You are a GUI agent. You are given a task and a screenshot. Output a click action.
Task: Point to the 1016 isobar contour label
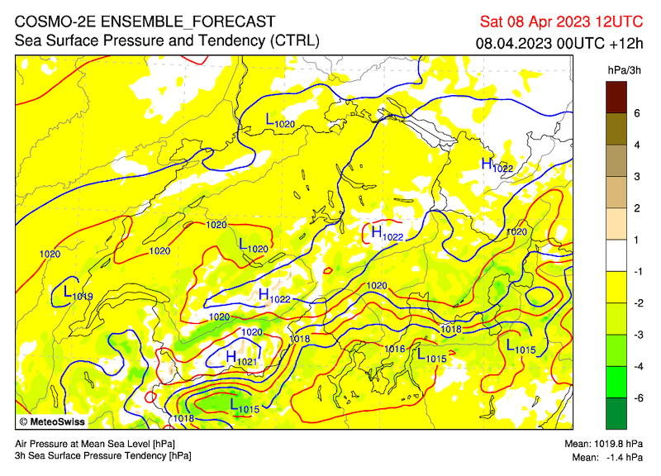394,350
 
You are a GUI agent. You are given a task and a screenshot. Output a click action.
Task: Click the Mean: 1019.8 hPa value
609,444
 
